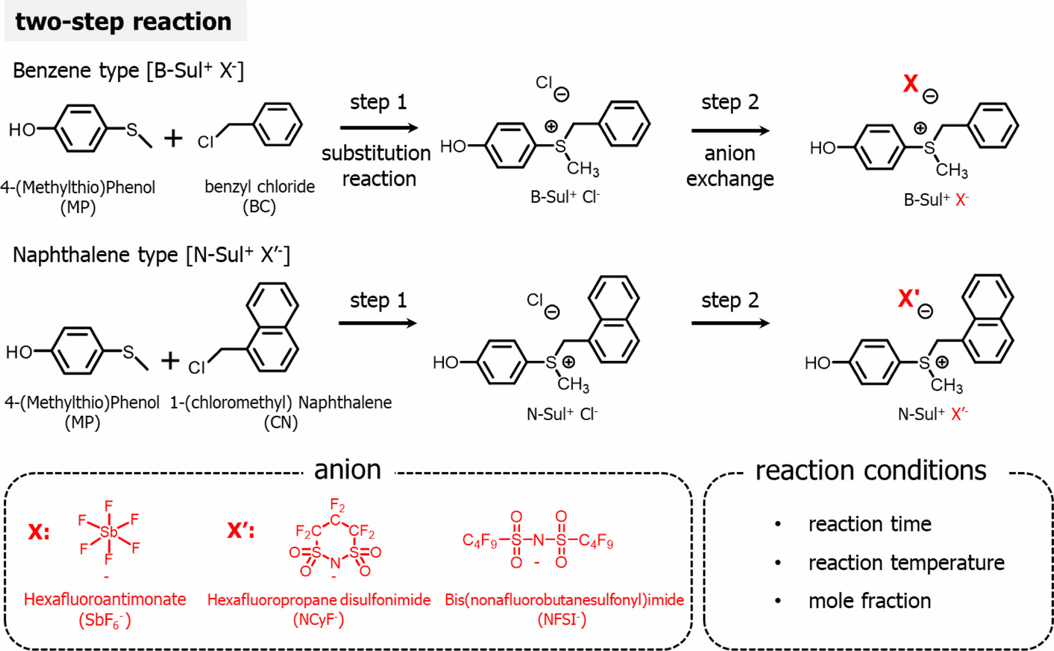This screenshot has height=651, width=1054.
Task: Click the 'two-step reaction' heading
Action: click(124, 21)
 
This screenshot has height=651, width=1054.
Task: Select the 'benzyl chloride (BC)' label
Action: click(259, 196)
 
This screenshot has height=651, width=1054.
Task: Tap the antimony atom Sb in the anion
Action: click(108, 532)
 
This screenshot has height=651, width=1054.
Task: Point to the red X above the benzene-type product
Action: click(910, 83)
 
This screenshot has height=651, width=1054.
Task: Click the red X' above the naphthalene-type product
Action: click(909, 298)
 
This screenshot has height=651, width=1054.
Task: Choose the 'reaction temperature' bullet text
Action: click(906, 563)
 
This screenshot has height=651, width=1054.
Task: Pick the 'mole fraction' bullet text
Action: click(869, 601)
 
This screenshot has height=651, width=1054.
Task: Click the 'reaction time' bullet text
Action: click(870, 524)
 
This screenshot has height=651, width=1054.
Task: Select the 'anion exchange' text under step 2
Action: click(730, 166)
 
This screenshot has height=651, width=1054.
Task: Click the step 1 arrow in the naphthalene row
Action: click(378, 323)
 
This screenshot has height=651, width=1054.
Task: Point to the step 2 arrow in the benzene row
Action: click(730, 131)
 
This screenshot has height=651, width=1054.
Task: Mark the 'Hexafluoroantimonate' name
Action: click(105, 599)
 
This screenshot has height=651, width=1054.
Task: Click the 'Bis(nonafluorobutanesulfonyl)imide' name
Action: click(564, 600)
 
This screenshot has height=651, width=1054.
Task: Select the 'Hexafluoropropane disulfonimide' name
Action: click(319, 600)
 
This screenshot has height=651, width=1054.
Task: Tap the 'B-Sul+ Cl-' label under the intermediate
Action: click(564, 197)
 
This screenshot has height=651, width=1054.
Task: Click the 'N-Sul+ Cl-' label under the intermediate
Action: click(562, 414)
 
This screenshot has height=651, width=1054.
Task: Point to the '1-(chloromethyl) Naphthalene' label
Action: click(281, 403)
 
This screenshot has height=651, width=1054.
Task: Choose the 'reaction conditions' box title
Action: click(870, 471)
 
